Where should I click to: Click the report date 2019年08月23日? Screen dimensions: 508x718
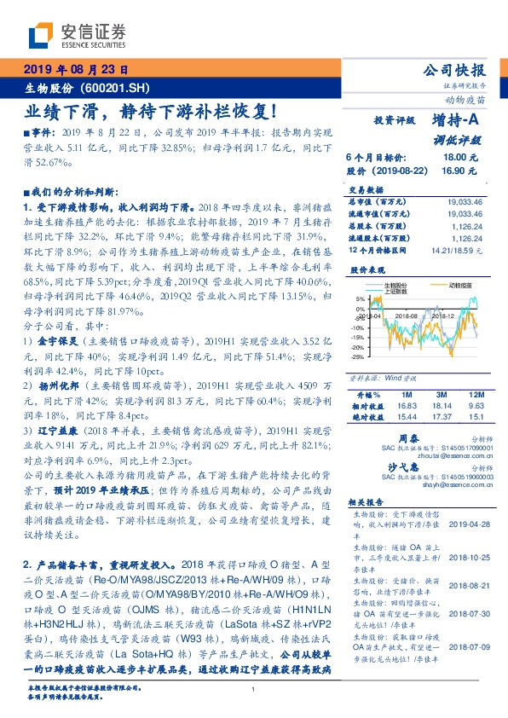(75, 70)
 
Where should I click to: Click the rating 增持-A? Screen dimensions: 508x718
(456, 123)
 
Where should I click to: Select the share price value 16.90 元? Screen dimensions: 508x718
(454, 171)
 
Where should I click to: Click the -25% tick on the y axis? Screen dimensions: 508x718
(357, 356)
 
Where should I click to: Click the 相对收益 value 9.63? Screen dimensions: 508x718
(473, 407)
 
